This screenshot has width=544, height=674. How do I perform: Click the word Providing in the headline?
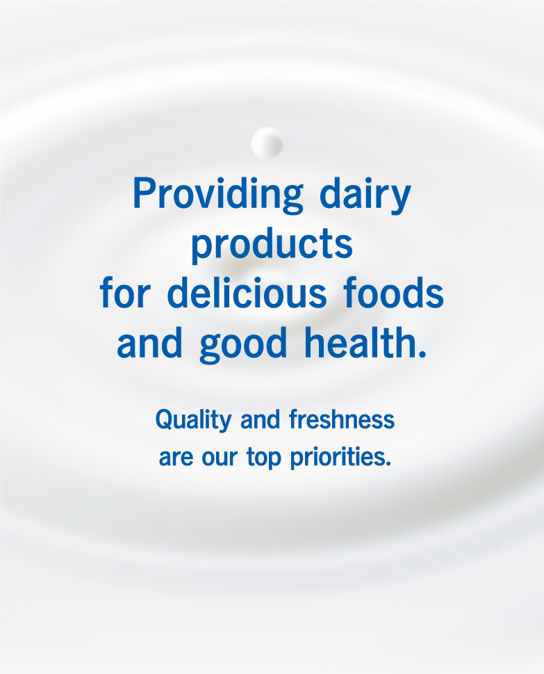pyautogui.click(x=218, y=195)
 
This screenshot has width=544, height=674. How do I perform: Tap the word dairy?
pyautogui.click(x=365, y=195)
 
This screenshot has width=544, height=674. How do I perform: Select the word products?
pyautogui.click(x=272, y=245)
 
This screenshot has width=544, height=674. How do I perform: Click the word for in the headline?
pyautogui.click(x=125, y=292)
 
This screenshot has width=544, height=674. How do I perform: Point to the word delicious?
pyautogui.click(x=247, y=292)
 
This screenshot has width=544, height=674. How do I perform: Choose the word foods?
pyautogui.click(x=394, y=292)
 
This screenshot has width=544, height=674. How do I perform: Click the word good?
pyautogui.click(x=243, y=344)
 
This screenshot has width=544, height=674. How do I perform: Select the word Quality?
pyautogui.click(x=194, y=420)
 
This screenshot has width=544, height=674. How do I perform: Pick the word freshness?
pyautogui.click(x=342, y=419)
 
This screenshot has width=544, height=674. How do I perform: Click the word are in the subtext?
pyautogui.click(x=176, y=458)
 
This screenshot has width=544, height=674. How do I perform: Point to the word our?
pyautogui.click(x=220, y=458)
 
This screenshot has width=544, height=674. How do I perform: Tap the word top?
pyautogui.click(x=264, y=458)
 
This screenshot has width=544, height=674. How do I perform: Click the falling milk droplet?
pyautogui.click(x=267, y=143)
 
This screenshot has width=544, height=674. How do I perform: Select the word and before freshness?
pyautogui.click(x=261, y=419)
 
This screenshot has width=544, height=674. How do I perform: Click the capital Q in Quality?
pyautogui.click(x=165, y=419)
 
